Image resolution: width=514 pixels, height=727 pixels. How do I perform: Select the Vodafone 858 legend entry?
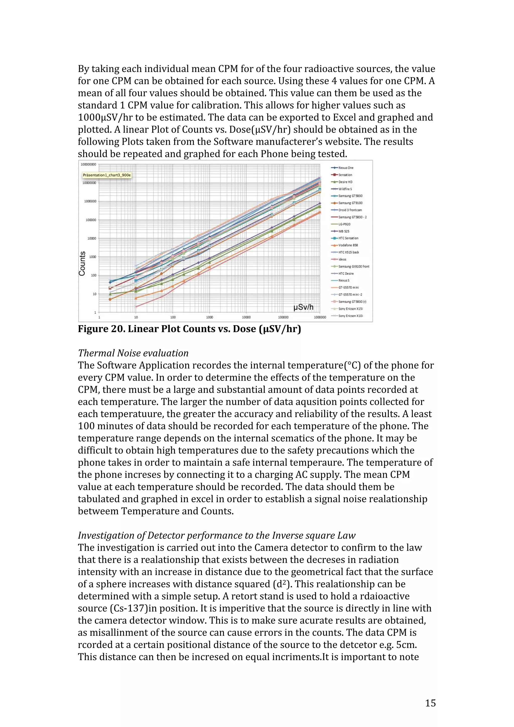pyautogui.click(x=348, y=245)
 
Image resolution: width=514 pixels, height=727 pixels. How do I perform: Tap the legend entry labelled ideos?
pyautogui.click(x=342, y=259)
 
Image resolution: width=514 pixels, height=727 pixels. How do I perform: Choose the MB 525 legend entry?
pyautogui.click(x=344, y=231)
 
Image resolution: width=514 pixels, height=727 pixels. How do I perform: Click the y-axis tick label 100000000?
pyautogui.click(x=88, y=164)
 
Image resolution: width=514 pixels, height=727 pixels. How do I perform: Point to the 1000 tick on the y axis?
pyautogui.click(x=92, y=257)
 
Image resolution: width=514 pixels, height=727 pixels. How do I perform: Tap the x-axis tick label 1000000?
pyautogui.click(x=320, y=317)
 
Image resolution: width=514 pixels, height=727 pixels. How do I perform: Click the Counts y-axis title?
pyautogui.click(x=82, y=263)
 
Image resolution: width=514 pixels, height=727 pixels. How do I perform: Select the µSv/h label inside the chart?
pyautogui.click(x=303, y=307)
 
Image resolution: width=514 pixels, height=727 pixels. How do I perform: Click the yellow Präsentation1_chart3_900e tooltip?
pyautogui.click(x=107, y=175)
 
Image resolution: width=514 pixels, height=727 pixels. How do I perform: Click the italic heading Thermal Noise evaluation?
pyautogui.click(x=133, y=353)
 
